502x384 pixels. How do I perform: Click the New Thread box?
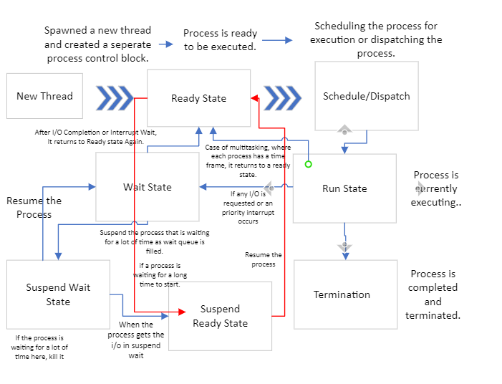44,96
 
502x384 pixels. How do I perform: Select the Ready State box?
198,98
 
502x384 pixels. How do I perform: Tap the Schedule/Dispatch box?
366,96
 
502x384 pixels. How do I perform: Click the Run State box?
344,188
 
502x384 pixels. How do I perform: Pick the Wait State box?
148,187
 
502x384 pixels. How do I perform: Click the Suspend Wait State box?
58,294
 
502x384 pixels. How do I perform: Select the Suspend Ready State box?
220,316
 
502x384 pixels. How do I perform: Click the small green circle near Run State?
309,164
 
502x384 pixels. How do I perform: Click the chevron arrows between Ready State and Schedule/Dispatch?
282,98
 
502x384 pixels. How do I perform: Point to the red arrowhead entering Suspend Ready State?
181,312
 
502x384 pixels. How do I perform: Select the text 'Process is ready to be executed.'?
220,40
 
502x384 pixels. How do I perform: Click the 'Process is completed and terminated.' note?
433,294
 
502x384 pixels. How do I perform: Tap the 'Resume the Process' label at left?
34,207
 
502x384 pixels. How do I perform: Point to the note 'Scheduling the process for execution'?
376,40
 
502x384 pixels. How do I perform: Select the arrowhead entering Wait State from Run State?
203,187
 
